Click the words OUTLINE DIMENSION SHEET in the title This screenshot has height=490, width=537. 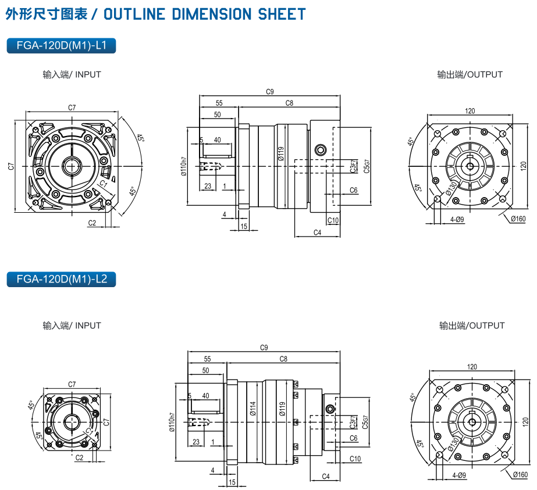[204, 14]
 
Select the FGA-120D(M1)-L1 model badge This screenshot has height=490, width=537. [61, 46]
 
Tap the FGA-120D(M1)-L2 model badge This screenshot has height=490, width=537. [61, 279]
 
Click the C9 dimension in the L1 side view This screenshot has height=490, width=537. [269, 91]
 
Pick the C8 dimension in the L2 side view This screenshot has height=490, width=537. [283, 359]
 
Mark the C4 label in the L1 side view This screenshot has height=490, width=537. [317, 233]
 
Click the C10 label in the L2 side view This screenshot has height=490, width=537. [355, 459]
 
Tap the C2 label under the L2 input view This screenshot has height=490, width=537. [80, 457]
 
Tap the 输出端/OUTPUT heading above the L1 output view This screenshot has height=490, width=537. [470, 74]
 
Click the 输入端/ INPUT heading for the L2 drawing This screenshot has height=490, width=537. [72, 326]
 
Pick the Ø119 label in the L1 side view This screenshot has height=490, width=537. [281, 153]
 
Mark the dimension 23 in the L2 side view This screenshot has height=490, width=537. [196, 442]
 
